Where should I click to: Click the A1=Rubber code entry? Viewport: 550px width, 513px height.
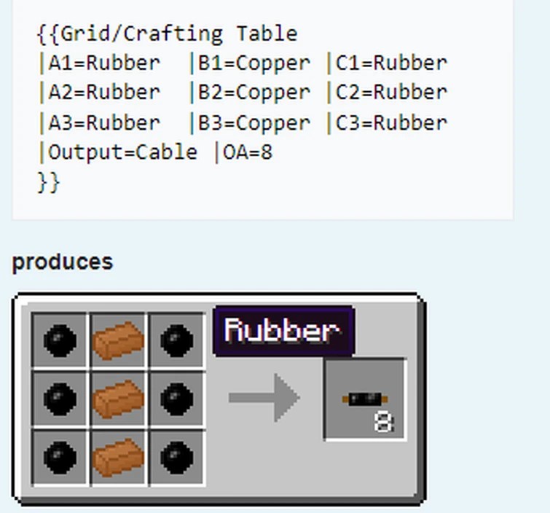tap(103, 63)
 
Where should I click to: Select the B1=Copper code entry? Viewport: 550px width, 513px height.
tap(254, 63)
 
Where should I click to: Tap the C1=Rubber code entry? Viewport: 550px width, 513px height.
tap(391, 63)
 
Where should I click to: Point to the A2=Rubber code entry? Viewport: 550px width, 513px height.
tap(103, 93)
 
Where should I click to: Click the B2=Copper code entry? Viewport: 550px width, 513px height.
tap(254, 93)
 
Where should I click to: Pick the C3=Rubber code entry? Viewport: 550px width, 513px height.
tap(391, 122)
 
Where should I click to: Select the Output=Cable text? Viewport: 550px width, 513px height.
tap(122, 152)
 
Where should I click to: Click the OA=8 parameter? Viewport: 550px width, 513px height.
tap(248, 152)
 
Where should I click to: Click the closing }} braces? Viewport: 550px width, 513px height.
tap(48, 181)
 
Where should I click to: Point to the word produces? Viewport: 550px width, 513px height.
tap(63, 262)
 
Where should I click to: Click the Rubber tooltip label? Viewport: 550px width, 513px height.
tap(283, 331)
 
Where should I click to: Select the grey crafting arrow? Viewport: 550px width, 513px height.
tap(264, 398)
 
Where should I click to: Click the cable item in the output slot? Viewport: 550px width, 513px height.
tap(364, 399)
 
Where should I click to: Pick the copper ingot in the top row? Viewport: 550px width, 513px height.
tap(119, 340)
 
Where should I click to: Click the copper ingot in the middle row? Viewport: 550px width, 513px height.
tap(119, 399)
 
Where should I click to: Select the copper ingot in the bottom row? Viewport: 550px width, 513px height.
tap(119, 457)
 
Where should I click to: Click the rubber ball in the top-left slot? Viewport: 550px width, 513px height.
tap(60, 340)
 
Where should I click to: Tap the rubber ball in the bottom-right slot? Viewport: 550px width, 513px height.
tap(177, 457)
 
